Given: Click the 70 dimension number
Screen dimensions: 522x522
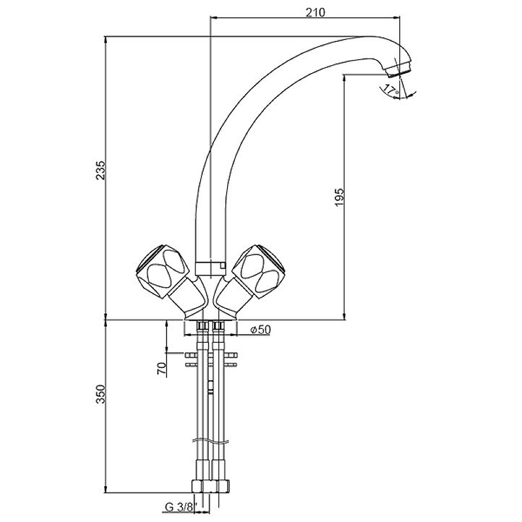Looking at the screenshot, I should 161,367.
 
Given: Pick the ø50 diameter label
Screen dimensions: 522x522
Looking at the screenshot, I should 260,330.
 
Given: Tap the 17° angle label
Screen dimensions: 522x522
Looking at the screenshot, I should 391,90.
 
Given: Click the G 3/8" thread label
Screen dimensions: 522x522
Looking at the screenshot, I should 178,506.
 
